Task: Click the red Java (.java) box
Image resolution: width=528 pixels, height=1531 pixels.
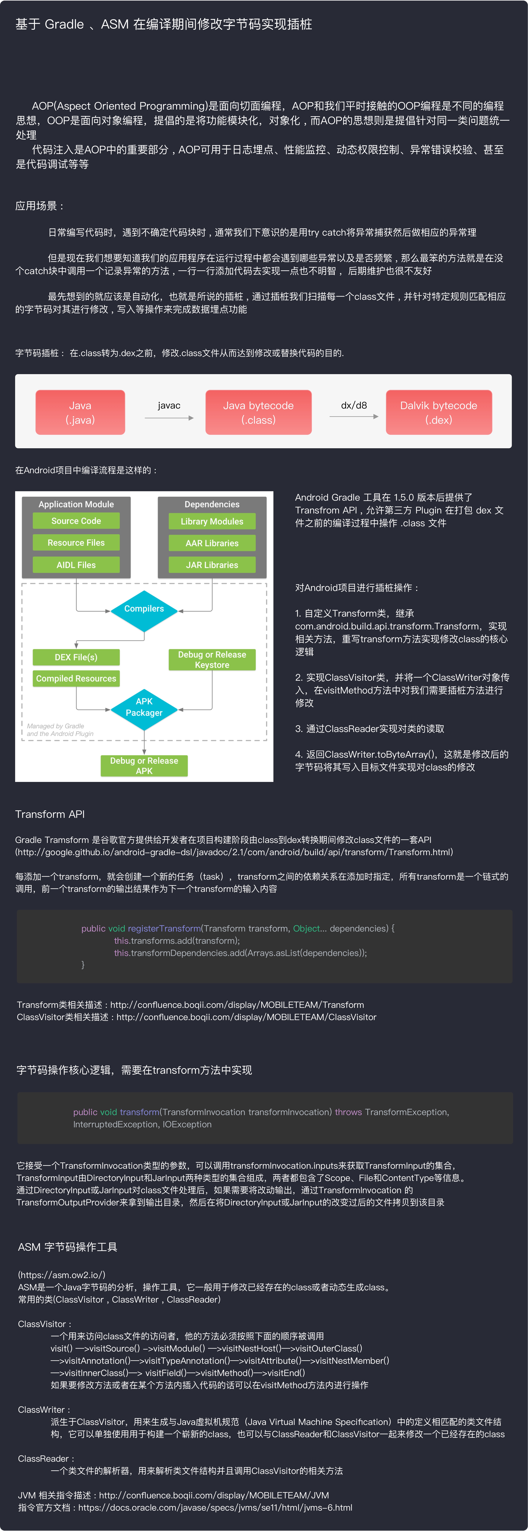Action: pyautogui.click(x=80, y=412)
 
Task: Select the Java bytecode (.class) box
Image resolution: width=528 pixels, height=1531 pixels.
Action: pyautogui.click(x=258, y=412)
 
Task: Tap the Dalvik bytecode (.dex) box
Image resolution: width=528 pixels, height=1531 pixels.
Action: pyautogui.click(x=439, y=412)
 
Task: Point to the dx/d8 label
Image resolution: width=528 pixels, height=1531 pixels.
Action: pyautogui.click(x=354, y=405)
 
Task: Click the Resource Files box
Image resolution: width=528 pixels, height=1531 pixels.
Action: pyautogui.click(x=76, y=543)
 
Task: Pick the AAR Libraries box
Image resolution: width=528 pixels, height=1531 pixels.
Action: pyautogui.click(x=212, y=543)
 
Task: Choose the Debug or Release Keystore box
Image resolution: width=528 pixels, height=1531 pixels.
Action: pyautogui.click(x=212, y=660)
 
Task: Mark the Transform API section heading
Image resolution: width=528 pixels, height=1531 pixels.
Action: pyautogui.click(x=50, y=814)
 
